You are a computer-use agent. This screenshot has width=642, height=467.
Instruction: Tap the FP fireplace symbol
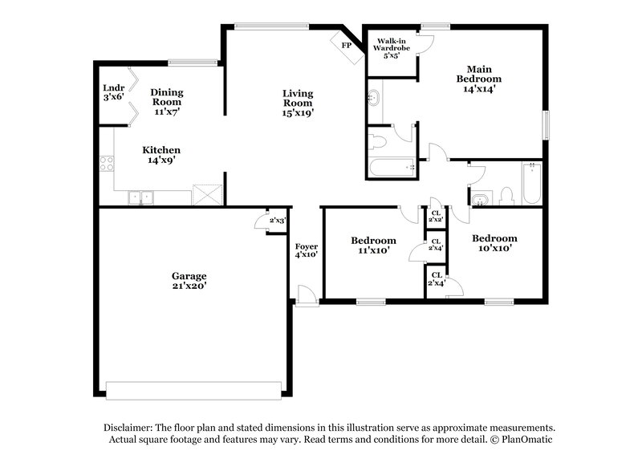point(347,45)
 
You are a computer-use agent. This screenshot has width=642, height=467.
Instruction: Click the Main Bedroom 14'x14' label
point(478,79)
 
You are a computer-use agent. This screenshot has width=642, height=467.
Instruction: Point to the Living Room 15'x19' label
point(297,103)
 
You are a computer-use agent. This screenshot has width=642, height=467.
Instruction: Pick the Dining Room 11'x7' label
point(166,102)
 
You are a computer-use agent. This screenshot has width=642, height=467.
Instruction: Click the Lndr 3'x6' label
point(112,92)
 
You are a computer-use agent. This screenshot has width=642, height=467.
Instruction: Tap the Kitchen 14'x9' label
point(160,155)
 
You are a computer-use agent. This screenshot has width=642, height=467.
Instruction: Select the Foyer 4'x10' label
point(306,250)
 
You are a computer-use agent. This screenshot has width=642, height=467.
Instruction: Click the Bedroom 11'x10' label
point(373,245)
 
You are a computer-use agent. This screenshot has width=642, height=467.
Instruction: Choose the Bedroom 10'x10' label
point(494,243)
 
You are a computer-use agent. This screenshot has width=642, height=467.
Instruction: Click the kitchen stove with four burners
point(106,164)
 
